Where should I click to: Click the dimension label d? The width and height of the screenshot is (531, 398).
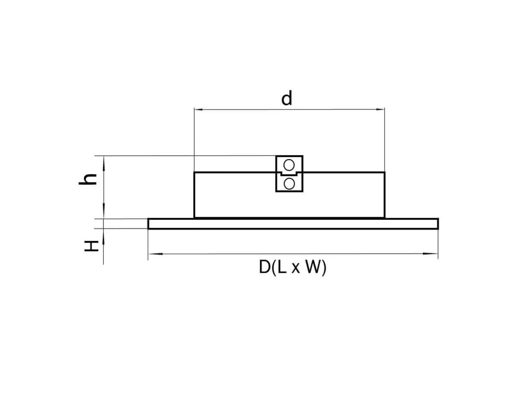[x=286, y=98]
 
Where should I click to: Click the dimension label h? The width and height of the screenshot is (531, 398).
[x=88, y=179]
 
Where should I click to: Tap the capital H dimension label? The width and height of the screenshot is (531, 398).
[x=92, y=246]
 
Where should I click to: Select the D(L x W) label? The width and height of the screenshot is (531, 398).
[x=292, y=268]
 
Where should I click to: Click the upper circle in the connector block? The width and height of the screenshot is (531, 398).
[x=289, y=165]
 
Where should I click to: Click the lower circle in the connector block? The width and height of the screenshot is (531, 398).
[x=289, y=184]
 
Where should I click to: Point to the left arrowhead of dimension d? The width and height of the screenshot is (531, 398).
[x=198, y=110]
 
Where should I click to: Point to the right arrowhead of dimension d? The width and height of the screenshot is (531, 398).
[x=380, y=110]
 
